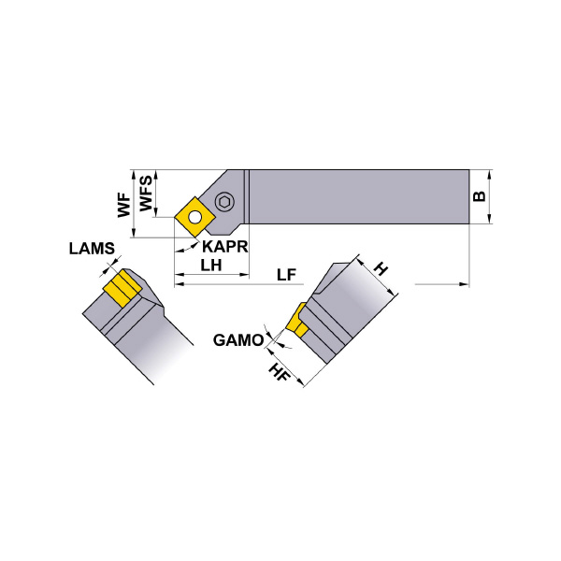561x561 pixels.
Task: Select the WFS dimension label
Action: (144, 193)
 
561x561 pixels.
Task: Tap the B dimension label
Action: (478, 197)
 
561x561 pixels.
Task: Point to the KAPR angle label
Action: (223, 247)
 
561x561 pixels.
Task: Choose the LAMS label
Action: (92, 249)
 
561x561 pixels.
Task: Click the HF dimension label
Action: (277, 372)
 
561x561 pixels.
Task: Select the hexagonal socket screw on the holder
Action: (225, 202)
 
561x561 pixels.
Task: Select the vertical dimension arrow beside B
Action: (490, 197)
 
